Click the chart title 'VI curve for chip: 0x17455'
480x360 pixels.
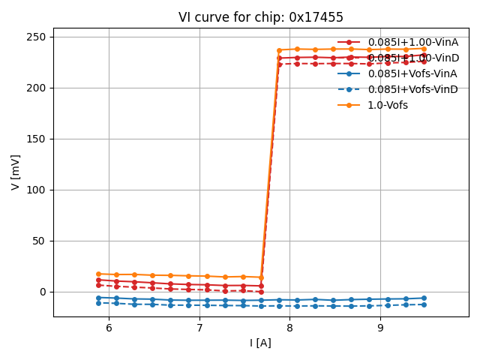[x=261, y=17]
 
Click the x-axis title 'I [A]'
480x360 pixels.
[x=261, y=343]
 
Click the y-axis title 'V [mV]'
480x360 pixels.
[x=16, y=172]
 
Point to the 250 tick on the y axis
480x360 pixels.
[x=36, y=37]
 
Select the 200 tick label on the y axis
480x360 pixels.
[x=36, y=88]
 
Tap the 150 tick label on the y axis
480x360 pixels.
[x=36, y=139]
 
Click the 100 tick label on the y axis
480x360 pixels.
[x=36, y=190]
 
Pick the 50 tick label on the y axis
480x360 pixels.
[x=39, y=241]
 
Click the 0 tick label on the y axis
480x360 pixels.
[x=42, y=292]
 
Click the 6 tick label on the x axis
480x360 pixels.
[x=109, y=328]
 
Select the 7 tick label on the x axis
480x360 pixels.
[x=199, y=328]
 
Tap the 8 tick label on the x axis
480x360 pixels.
[x=289, y=328]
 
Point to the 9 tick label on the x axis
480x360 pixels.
[x=380, y=328]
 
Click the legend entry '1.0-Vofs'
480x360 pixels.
[x=388, y=105]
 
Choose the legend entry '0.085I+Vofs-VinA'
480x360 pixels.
[x=412, y=73]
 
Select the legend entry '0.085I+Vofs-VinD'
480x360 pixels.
[x=413, y=89]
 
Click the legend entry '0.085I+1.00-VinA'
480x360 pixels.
[x=412, y=42]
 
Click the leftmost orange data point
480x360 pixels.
[x=98, y=274]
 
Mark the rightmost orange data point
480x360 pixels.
[x=424, y=49]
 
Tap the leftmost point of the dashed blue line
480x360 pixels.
[x=98, y=303]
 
